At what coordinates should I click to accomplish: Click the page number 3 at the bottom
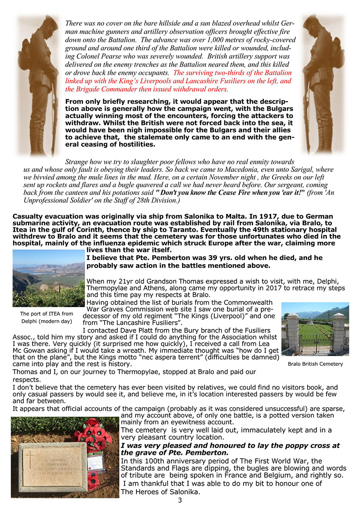click(x=180, y=501)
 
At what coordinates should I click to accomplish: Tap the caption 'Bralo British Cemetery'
click(x=315, y=364)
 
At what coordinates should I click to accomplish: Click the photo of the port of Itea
click(x=48, y=278)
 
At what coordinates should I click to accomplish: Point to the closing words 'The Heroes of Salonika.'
click(x=160, y=492)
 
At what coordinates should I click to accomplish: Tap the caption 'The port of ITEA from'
click(x=47, y=314)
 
